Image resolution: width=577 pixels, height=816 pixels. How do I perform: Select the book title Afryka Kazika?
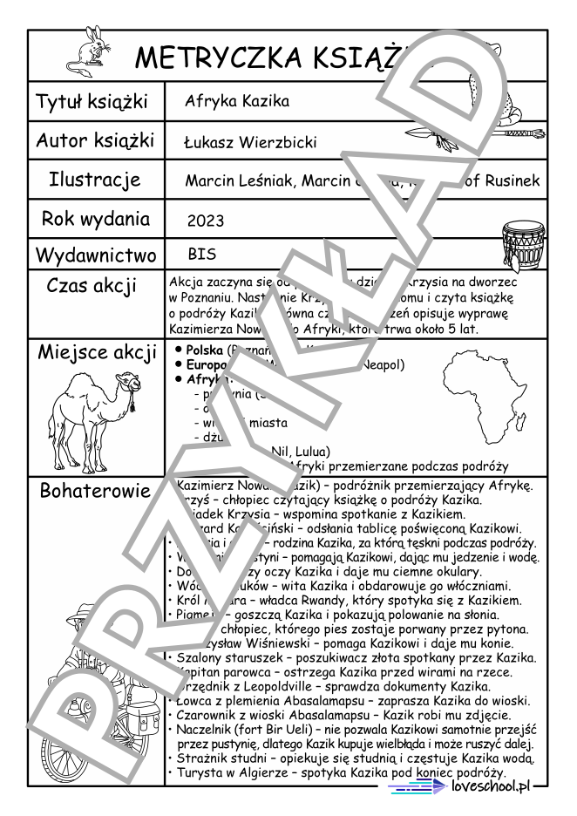tap(236, 101)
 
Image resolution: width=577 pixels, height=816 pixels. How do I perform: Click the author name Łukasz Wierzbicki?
tap(250, 142)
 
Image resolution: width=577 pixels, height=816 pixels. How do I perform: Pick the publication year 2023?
tap(206, 221)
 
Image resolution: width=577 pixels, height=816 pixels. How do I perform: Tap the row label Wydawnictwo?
tap(96, 255)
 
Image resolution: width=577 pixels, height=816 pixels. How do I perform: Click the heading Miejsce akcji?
tap(96, 353)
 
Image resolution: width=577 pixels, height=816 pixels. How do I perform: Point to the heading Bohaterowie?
tap(96, 491)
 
